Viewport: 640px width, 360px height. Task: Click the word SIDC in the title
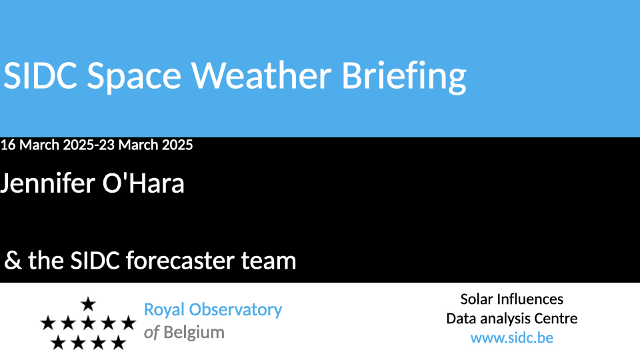point(41,75)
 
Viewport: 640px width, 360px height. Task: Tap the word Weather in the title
point(261,75)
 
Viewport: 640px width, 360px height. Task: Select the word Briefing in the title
point(404,77)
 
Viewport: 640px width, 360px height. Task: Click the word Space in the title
point(134,77)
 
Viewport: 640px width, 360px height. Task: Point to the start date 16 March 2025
point(47,145)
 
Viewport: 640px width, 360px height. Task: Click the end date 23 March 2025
point(146,145)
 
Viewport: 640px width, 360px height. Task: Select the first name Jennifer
point(47,183)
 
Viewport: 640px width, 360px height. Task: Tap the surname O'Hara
point(143,183)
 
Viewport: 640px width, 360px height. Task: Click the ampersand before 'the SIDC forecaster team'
point(13,261)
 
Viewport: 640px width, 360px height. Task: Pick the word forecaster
point(179,260)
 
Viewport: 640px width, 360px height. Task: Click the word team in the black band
point(269,261)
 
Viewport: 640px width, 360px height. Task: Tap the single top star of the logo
point(88,304)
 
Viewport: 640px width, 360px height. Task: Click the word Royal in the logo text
point(164,311)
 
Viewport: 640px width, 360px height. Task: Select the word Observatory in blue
point(235,310)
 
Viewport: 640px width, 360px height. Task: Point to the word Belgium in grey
point(194,333)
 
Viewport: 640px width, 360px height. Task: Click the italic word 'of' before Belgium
point(151,333)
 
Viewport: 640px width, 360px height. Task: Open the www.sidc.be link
point(512,338)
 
